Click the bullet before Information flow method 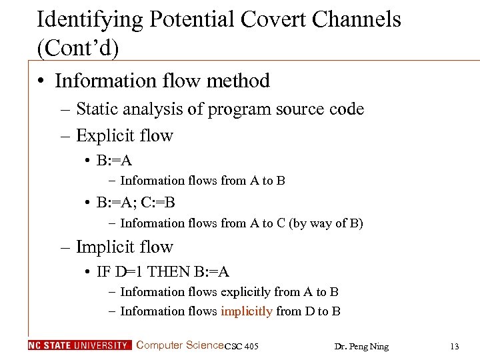point(42,81)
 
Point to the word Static point(98,109)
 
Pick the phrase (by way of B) point(326,223)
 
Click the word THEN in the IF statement point(171,272)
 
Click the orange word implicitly point(246,311)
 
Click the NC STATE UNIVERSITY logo point(80,345)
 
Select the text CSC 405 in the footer point(241,346)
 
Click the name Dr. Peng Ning point(361,346)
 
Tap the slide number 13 point(455,346)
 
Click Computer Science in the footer point(179,345)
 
